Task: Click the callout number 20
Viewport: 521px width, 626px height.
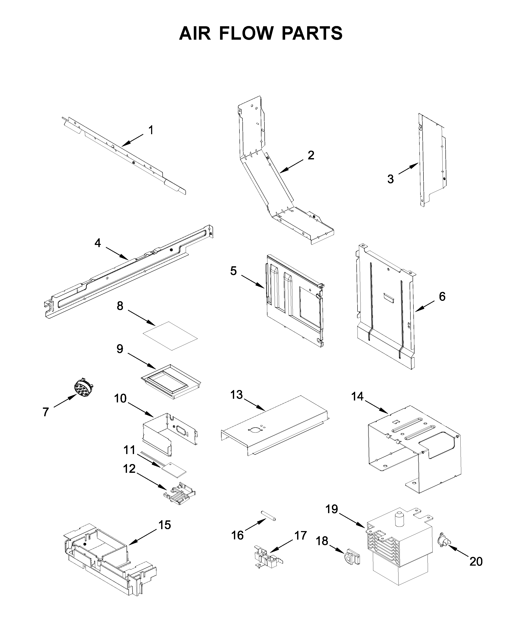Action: point(476,561)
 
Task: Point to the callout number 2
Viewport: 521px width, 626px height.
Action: point(311,155)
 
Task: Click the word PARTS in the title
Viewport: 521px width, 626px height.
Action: point(312,33)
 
